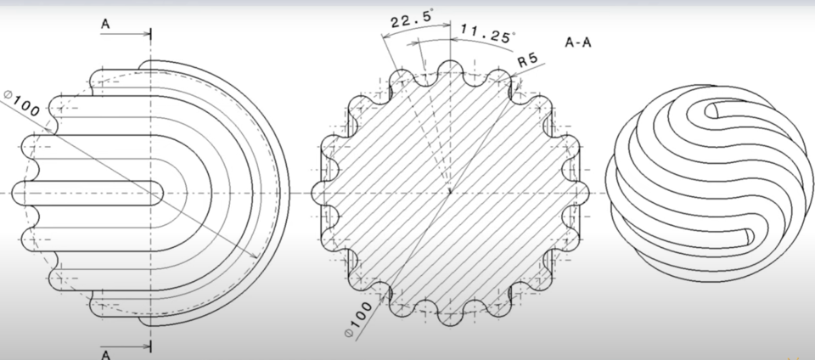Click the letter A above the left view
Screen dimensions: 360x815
pyautogui.click(x=105, y=25)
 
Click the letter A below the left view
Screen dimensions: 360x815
pyautogui.click(x=105, y=354)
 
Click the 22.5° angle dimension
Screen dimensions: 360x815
pyautogui.click(x=409, y=16)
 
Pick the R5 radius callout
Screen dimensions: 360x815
pyautogui.click(x=529, y=60)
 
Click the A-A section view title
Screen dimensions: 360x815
pyautogui.click(x=578, y=42)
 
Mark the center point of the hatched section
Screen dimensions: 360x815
pyautogui.click(x=447, y=193)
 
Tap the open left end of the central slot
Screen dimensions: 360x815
pyautogui.click(x=17, y=193)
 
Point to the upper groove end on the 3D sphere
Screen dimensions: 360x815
pyautogui.click(x=713, y=110)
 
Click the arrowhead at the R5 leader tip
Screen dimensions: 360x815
pyautogui.click(x=512, y=80)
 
